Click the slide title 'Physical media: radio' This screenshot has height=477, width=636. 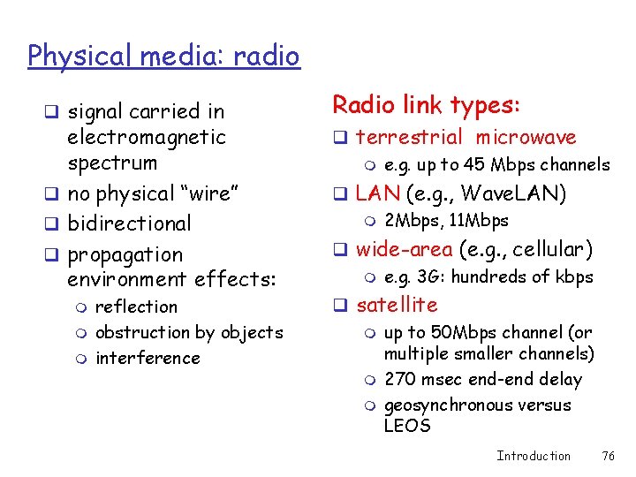163,57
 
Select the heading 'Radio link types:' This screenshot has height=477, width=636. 427,105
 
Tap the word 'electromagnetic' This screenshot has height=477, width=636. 147,138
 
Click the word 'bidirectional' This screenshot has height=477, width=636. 129,224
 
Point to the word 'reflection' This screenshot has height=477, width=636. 136,307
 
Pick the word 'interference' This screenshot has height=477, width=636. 148,359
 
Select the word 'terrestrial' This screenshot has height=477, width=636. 409,138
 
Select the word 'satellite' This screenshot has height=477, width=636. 397,306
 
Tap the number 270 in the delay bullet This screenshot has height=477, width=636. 400,380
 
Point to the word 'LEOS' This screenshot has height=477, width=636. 407,426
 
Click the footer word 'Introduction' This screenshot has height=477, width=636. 534,456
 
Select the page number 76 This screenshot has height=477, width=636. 608,456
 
